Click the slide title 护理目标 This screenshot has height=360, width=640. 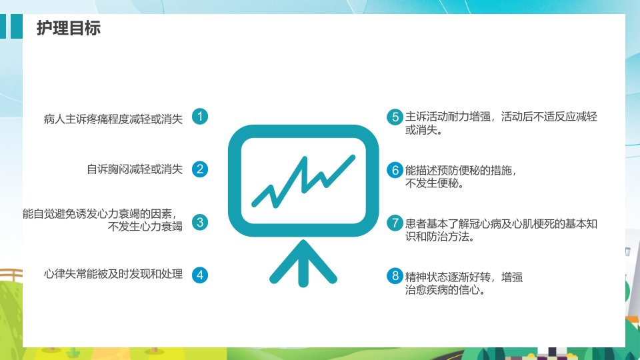point(69,28)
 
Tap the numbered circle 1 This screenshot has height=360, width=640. point(200,116)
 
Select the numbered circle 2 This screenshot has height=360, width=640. point(200,169)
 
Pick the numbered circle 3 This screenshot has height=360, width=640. point(200,222)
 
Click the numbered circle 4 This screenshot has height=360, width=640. point(200,275)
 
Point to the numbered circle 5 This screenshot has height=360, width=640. point(395,117)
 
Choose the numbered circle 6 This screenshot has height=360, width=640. point(395,170)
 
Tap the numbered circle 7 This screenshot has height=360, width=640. point(395,223)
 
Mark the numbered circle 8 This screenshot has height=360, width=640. point(395,276)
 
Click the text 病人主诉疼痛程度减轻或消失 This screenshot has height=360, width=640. point(113,119)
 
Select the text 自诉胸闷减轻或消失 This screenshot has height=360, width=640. point(135,169)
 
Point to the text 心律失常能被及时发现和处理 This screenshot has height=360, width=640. point(113,274)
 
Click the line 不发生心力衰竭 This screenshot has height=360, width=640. point(145,226)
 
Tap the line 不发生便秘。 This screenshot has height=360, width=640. point(435,183)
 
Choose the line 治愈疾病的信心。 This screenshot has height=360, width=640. point(445,290)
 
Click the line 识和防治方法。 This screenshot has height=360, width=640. point(440,236)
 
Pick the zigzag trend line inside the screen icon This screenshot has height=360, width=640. point(303,181)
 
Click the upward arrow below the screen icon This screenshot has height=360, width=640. point(303,264)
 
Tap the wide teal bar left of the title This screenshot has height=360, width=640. point(16,26)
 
